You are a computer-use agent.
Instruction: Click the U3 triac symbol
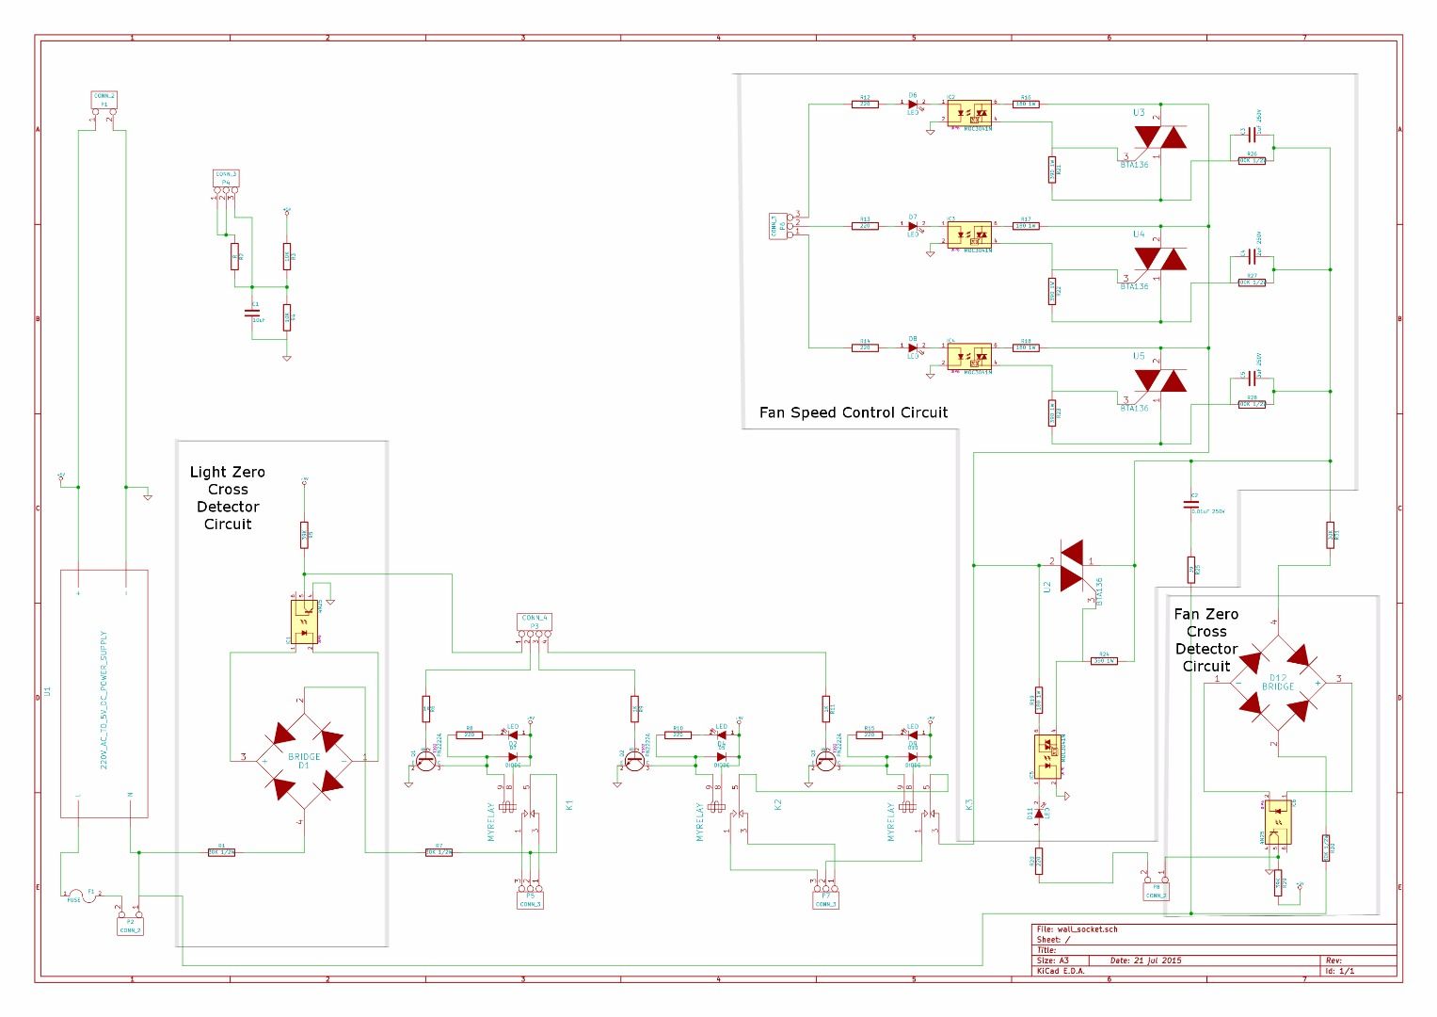click(x=1159, y=138)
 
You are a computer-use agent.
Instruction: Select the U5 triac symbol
click(x=1159, y=381)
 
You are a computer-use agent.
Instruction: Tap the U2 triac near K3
click(x=1071, y=565)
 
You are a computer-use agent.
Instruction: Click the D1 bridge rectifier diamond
click(x=303, y=759)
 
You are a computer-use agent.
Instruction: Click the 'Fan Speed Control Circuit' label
click(x=853, y=412)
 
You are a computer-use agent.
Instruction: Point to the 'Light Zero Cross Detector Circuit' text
click(x=228, y=498)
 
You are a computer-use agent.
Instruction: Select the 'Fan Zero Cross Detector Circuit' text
click(x=1205, y=640)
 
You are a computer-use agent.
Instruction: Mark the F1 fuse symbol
click(x=88, y=896)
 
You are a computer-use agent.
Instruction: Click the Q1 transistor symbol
click(x=426, y=760)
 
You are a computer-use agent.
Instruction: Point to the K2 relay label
click(x=777, y=805)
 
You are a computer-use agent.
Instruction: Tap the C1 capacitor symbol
click(x=251, y=312)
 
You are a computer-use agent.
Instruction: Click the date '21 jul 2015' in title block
click(x=1145, y=960)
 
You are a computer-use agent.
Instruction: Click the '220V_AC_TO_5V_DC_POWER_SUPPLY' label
click(x=104, y=699)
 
